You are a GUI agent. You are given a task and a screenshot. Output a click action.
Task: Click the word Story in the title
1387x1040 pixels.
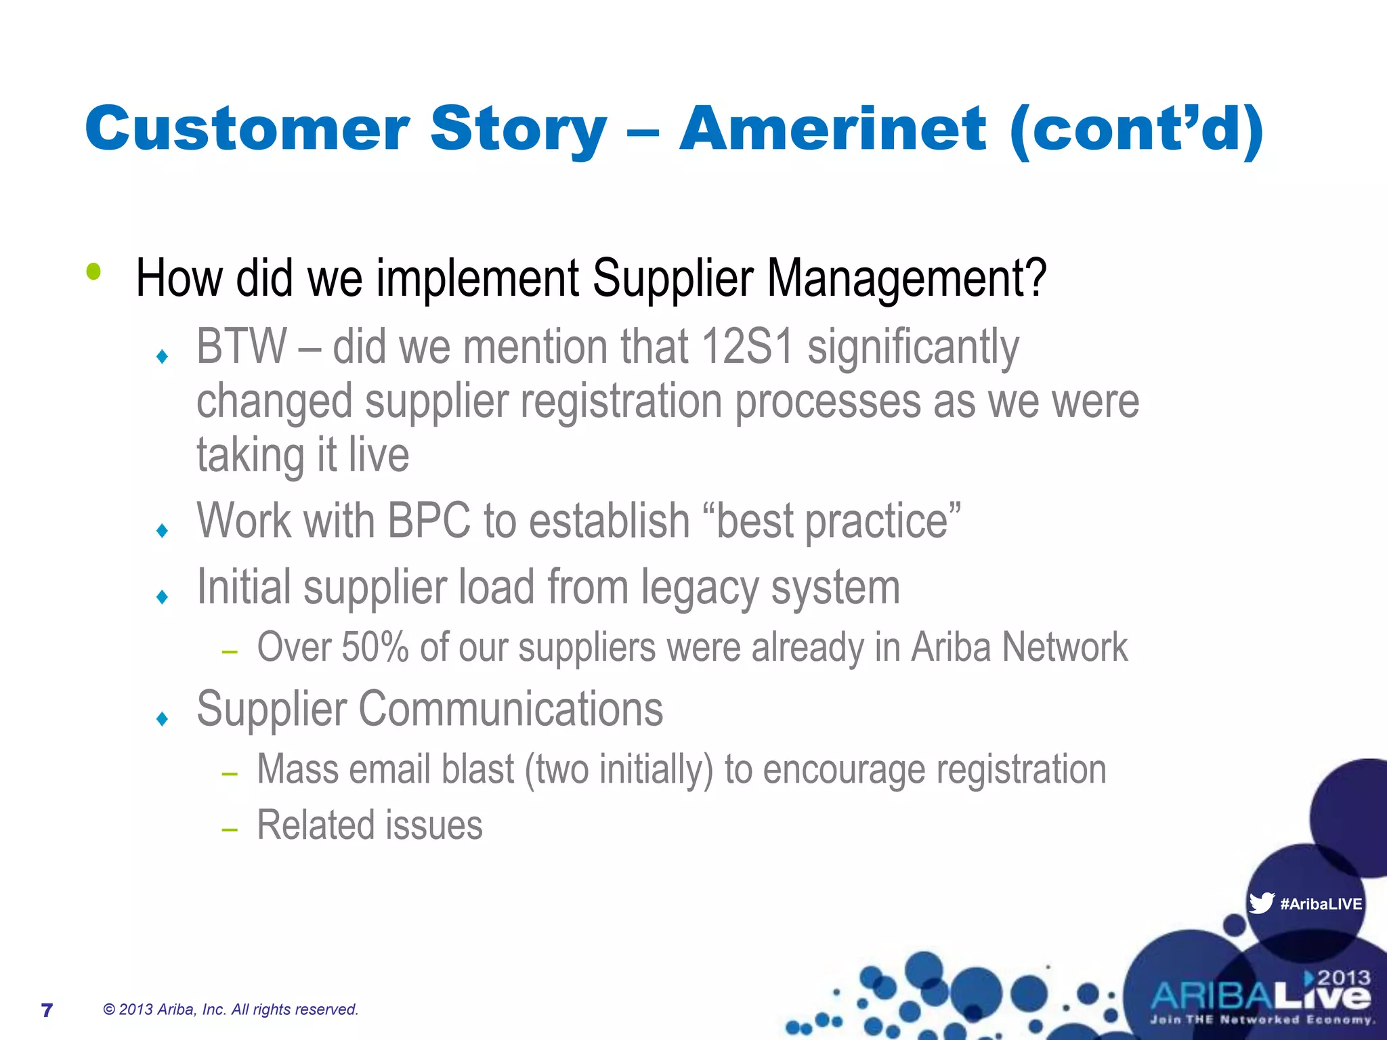click(x=518, y=130)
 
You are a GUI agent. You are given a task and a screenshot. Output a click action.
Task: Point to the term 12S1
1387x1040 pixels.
click(x=747, y=347)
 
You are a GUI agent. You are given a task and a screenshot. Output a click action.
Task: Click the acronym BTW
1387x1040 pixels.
click(x=241, y=347)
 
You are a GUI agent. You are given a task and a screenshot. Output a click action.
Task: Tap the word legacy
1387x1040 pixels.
click(x=700, y=587)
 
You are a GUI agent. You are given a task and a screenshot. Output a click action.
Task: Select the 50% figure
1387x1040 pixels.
click(x=375, y=647)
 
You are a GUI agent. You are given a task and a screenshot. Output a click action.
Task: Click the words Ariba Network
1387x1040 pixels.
click(x=1019, y=647)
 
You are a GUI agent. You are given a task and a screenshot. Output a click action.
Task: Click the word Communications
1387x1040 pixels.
click(x=511, y=709)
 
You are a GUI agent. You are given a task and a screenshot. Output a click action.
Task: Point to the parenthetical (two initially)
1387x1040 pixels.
click(x=619, y=770)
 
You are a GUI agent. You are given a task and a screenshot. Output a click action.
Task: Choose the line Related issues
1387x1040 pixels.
click(x=370, y=825)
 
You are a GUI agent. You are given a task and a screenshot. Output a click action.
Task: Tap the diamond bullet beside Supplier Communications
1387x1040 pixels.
click(x=162, y=718)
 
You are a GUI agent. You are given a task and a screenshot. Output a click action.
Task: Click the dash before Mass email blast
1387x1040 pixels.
click(x=230, y=773)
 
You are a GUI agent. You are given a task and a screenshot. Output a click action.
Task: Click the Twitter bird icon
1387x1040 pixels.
click(x=1261, y=903)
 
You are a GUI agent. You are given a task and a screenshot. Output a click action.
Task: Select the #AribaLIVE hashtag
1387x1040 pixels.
click(x=1321, y=904)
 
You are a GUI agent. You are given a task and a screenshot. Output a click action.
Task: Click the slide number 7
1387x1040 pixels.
click(x=47, y=1010)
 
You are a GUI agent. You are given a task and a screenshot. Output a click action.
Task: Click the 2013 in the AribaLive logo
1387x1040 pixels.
click(x=1344, y=978)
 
